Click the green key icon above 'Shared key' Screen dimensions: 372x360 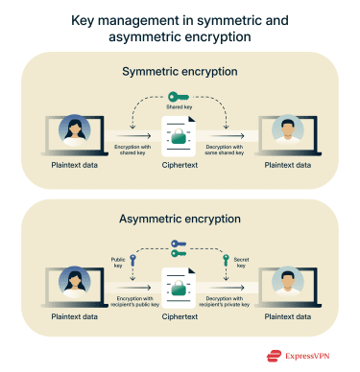[180, 97]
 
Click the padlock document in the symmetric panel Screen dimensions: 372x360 [180, 140]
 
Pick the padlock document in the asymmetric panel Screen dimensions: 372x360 [180, 288]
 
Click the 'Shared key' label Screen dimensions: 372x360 [180, 107]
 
